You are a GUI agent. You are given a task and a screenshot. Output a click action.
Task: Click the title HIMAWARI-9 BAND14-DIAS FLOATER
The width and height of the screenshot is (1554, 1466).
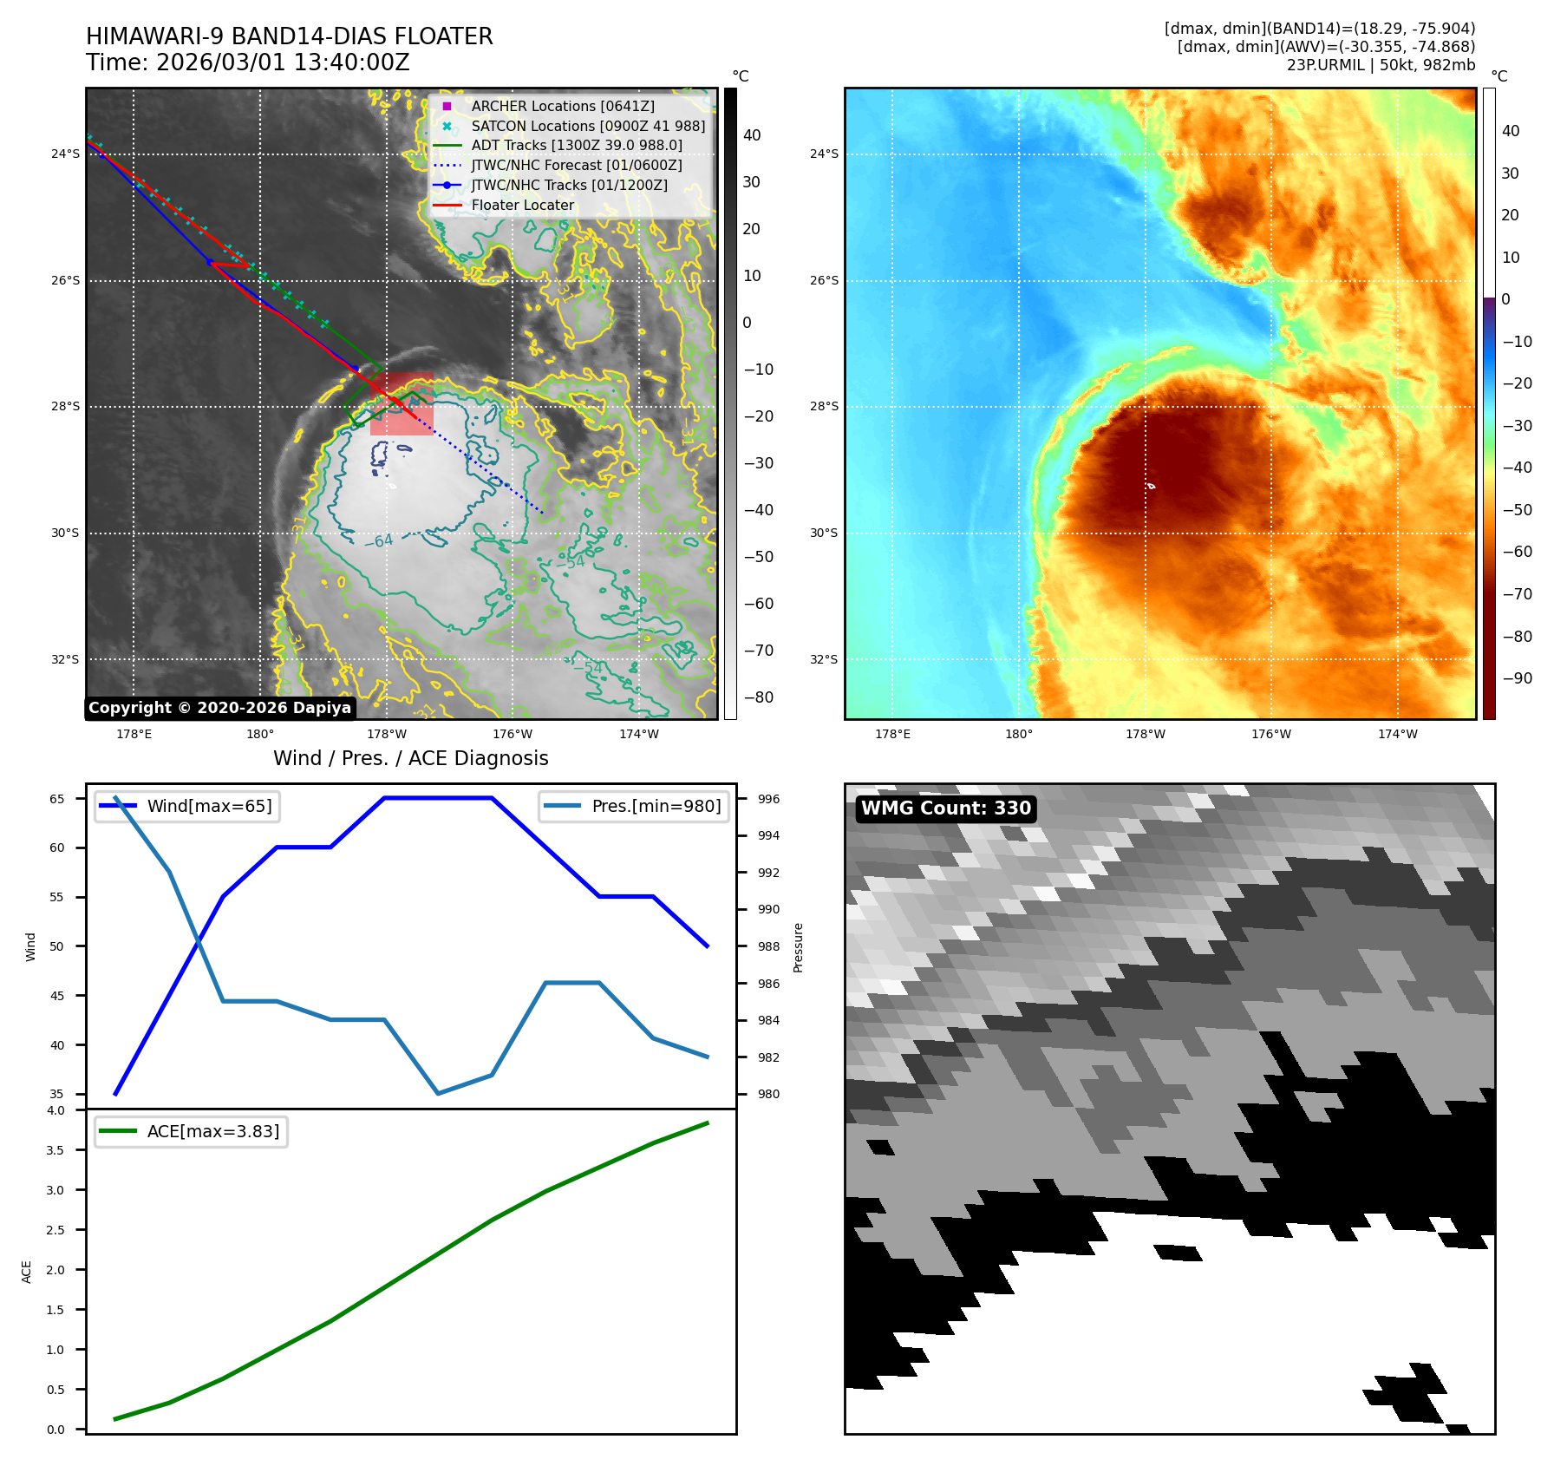[x=289, y=36]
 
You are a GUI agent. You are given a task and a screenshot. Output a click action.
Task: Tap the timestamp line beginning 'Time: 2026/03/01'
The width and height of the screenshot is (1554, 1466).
[x=247, y=62]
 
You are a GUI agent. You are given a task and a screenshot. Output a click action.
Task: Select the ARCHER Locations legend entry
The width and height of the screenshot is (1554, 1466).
[x=562, y=106]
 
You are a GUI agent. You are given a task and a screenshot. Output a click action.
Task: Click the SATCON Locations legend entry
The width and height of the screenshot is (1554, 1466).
[x=587, y=126]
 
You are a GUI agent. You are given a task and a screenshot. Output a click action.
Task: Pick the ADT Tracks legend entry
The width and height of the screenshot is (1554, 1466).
[x=576, y=146]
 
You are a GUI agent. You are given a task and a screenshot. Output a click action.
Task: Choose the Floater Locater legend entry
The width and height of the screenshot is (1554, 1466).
[x=522, y=206]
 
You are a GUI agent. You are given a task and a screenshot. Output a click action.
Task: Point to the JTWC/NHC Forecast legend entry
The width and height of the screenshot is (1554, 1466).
[x=576, y=166]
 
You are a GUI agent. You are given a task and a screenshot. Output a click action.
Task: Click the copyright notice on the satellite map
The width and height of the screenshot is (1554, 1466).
[x=219, y=708]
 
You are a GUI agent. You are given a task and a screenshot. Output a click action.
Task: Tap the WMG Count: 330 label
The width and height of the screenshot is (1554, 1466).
[x=945, y=808]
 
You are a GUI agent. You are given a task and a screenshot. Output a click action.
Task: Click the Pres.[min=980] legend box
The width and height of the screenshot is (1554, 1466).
[x=633, y=807]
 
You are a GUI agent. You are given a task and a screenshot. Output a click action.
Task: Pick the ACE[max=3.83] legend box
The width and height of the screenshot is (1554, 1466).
[x=191, y=1132]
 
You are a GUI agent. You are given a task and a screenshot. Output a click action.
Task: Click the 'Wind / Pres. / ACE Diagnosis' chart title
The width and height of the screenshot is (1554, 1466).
[x=410, y=759]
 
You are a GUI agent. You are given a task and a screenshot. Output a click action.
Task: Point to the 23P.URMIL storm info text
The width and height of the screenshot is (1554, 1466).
[x=1381, y=65]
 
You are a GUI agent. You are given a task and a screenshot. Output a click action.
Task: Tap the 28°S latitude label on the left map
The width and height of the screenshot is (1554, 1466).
[x=65, y=407]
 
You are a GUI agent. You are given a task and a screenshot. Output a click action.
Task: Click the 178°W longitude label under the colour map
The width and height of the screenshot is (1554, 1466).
[x=1145, y=735]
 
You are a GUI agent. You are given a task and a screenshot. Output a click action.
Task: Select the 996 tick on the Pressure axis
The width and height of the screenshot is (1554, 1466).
[x=768, y=799]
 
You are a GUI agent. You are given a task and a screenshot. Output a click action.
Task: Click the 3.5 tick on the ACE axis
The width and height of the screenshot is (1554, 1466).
[x=55, y=1150]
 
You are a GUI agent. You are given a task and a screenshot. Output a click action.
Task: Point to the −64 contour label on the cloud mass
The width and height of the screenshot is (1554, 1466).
[x=378, y=541]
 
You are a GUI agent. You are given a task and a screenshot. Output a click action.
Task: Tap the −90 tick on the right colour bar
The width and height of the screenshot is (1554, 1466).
[x=1517, y=678]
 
